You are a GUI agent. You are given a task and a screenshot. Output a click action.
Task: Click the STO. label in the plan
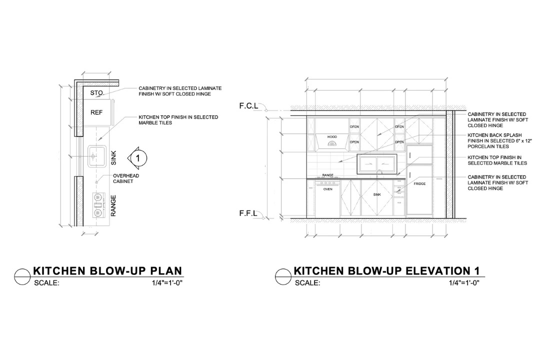tap(97, 92)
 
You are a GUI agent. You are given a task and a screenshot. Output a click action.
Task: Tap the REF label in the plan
tap(96, 112)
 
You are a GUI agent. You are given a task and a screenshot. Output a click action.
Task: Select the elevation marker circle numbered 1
tap(138, 158)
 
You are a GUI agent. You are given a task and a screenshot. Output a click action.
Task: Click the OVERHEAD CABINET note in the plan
tap(126, 178)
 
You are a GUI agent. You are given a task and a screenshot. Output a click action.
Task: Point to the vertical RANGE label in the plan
tap(113, 205)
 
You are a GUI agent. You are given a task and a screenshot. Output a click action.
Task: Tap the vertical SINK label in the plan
tap(113, 158)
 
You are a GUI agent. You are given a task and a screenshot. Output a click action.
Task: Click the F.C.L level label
tap(248, 106)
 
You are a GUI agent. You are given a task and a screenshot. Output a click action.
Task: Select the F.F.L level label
tap(248, 213)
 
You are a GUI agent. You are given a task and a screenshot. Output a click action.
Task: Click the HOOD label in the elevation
tap(332, 137)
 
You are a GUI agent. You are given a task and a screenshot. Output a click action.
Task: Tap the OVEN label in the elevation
tap(328, 189)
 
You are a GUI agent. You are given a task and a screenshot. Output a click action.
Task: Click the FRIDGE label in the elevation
tap(419, 183)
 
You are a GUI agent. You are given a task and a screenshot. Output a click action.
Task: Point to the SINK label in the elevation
tap(377, 194)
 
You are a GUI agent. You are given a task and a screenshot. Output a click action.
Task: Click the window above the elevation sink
tap(377, 164)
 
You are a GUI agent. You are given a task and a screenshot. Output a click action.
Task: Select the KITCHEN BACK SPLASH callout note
tap(499, 140)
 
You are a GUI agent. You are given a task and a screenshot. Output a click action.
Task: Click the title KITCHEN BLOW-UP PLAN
tap(107, 271)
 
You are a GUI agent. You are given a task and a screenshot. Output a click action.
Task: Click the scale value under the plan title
tap(167, 283)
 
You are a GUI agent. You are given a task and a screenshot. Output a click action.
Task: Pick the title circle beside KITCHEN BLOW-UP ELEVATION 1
tap(283, 276)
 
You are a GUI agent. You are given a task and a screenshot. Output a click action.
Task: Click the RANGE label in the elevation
tap(327, 175)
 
